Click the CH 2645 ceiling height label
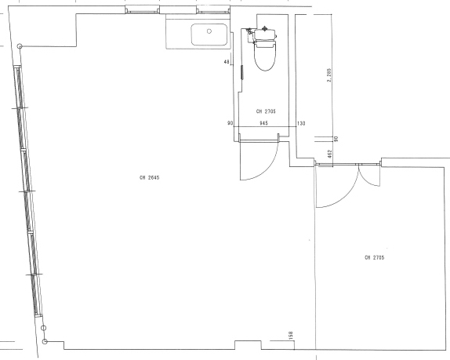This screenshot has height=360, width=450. click(x=149, y=178)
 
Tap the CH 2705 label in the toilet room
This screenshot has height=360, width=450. click(x=266, y=111)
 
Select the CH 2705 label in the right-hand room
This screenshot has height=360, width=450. click(x=374, y=257)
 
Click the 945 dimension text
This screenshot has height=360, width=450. click(x=263, y=123)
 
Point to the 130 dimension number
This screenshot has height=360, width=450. click(x=301, y=123)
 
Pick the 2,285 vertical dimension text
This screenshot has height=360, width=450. click(x=329, y=75)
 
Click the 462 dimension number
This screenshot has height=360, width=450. click(x=330, y=154)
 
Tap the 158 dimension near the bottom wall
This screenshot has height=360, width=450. click(x=291, y=336)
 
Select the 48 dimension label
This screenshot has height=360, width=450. click(x=227, y=62)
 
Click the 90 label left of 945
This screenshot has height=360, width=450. click(x=230, y=123)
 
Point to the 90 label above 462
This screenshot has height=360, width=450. click(x=336, y=139)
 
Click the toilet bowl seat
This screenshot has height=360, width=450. click(x=265, y=56)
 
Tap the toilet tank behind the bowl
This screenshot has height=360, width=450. click(x=265, y=34)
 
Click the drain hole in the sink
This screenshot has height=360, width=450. click(x=209, y=31)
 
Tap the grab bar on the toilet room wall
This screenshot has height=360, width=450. click(x=242, y=72)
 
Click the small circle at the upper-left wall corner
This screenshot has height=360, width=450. click(x=20, y=46)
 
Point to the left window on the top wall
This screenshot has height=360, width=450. click(x=142, y=9)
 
